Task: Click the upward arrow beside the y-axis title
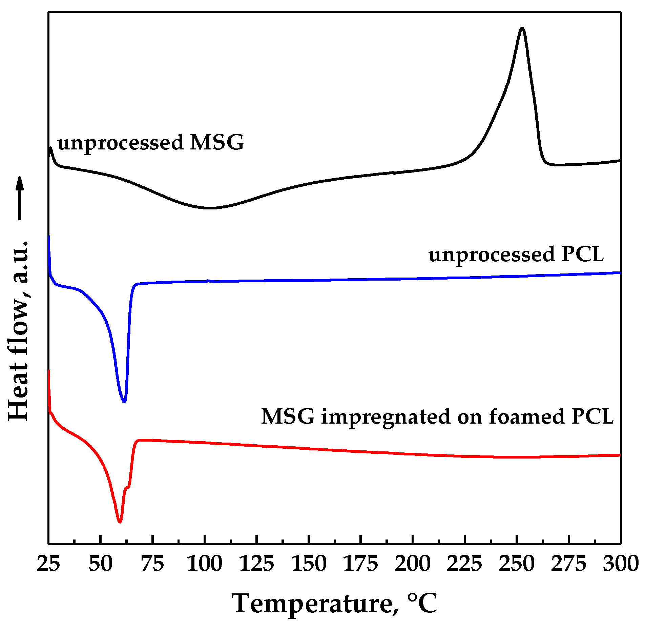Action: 20,198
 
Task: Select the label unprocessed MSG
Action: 150,142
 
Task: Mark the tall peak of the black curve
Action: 522,28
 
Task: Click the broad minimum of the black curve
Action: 209,208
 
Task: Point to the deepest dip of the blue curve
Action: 124,402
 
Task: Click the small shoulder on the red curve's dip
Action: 127,487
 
